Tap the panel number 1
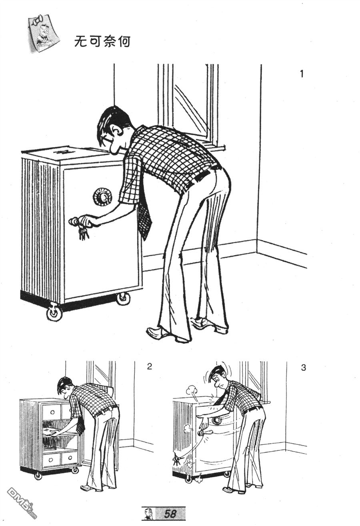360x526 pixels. [x=302, y=74]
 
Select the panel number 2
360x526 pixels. [x=150, y=366]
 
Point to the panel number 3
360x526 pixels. [x=304, y=367]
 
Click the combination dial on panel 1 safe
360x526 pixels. [x=102, y=196]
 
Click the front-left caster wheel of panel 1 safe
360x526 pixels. [x=54, y=312]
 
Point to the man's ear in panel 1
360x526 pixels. [x=116, y=131]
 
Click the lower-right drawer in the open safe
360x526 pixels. [x=69, y=462]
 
